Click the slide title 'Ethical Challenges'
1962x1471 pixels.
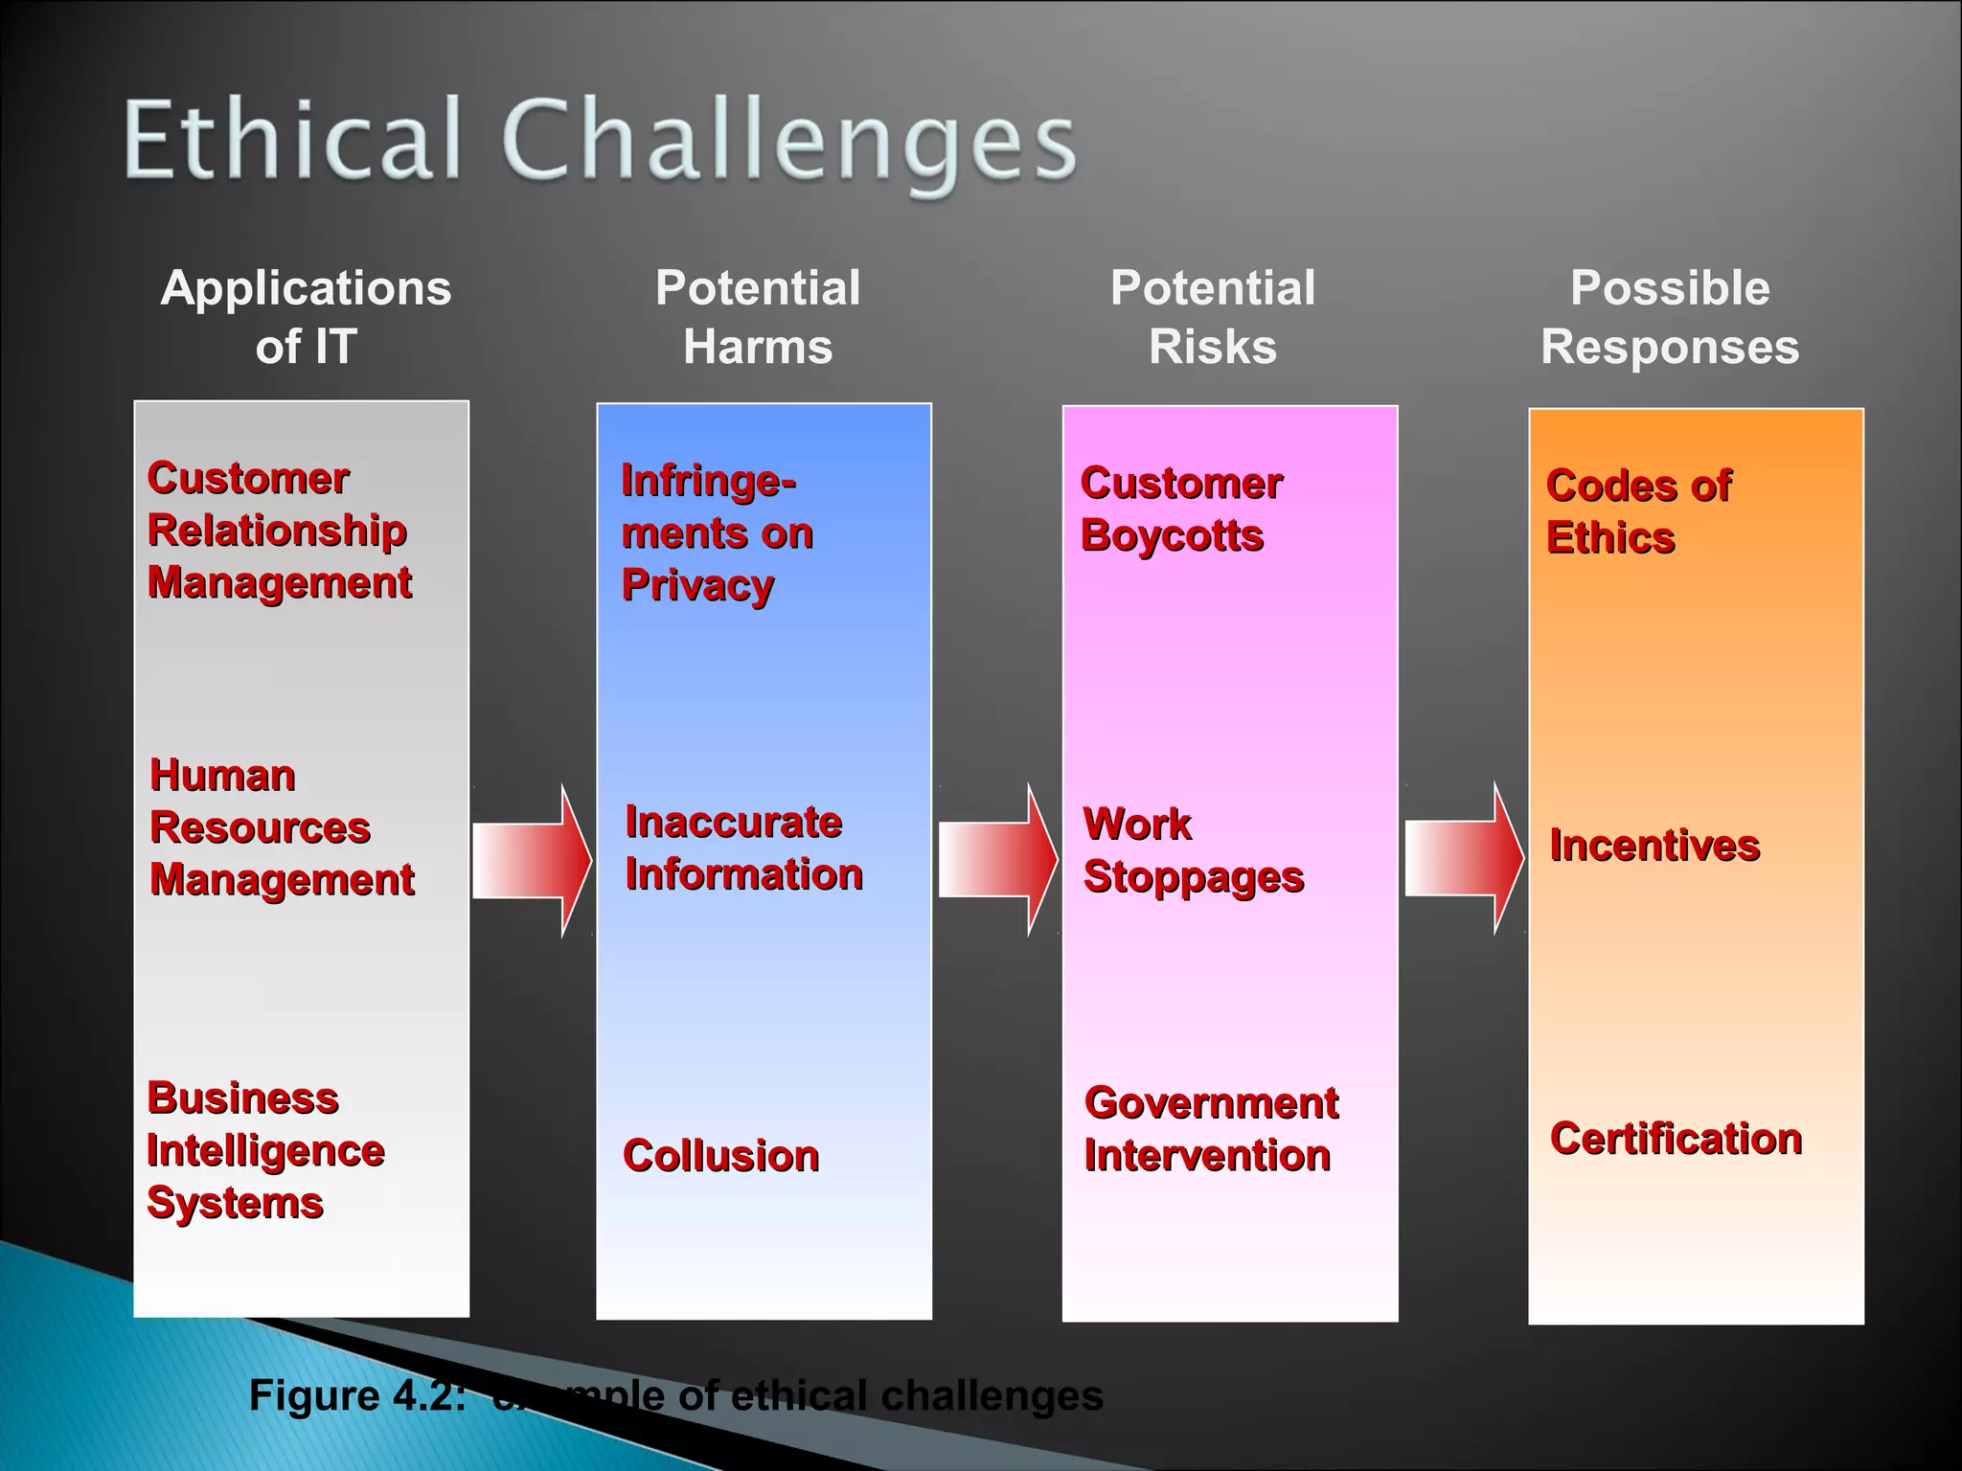click(600, 141)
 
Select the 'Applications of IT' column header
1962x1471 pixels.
click(306, 316)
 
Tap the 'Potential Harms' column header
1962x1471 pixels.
click(758, 316)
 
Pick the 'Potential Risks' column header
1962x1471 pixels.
click(1213, 316)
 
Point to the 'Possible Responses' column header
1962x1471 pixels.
click(1670, 316)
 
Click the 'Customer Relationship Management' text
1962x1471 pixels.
click(279, 530)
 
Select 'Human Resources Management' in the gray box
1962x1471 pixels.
click(282, 826)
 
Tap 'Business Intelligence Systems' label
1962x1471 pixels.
click(265, 1149)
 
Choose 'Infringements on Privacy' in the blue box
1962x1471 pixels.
click(717, 532)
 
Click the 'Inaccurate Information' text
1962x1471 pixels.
click(743, 848)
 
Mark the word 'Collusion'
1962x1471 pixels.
click(720, 1155)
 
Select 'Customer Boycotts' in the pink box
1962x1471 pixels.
click(1180, 509)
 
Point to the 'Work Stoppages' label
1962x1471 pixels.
click(1193, 849)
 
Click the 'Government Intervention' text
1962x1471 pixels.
click(1211, 1128)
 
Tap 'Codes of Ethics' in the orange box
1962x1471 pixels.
click(1638, 511)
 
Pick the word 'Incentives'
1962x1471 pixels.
click(1654, 845)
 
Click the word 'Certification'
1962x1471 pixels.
click(1676, 1138)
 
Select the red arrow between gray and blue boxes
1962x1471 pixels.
click(533, 859)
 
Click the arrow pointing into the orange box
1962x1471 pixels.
click(1464, 858)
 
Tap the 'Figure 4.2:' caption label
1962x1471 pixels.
click(357, 1394)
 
